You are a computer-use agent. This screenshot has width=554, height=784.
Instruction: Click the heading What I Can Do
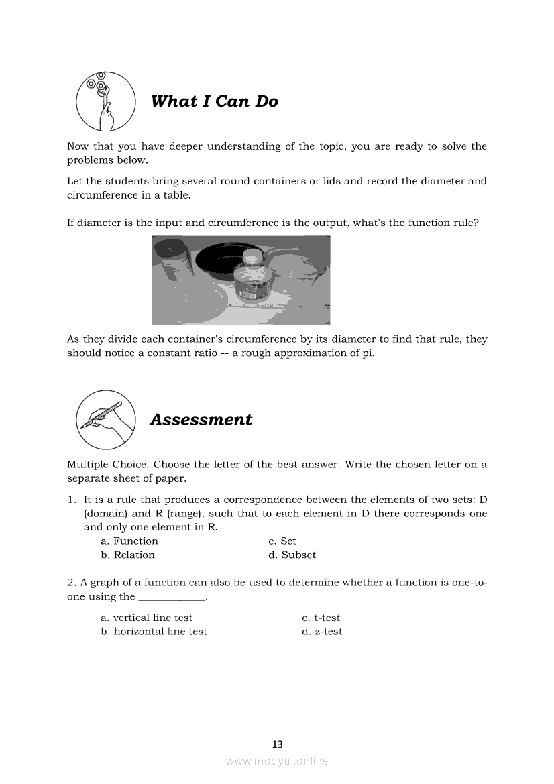tap(214, 101)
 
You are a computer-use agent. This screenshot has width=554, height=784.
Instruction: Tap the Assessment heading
tap(201, 420)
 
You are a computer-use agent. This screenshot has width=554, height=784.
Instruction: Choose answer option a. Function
tap(129, 541)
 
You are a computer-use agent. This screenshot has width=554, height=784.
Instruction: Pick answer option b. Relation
tap(127, 555)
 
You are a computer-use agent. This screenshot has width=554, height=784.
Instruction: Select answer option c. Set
tap(282, 541)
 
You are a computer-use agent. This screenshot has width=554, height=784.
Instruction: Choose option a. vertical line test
tap(146, 618)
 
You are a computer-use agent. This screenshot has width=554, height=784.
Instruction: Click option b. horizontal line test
tap(154, 632)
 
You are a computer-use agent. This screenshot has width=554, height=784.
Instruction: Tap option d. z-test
tap(322, 632)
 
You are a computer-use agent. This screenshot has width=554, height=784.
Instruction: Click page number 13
tap(277, 744)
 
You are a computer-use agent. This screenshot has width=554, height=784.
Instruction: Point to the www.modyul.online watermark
tap(277, 761)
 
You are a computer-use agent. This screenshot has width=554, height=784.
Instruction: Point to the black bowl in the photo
tap(215, 258)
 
